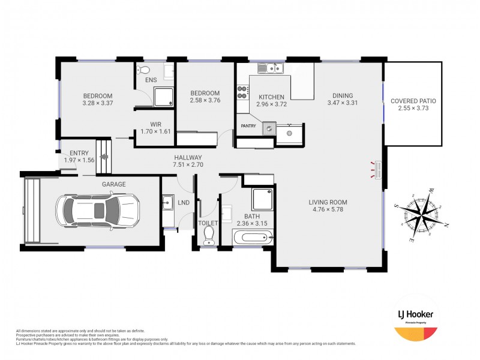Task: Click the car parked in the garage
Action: tap(98, 210)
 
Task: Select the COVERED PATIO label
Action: tap(413, 101)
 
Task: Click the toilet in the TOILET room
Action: tap(209, 235)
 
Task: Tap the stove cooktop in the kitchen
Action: tap(242, 92)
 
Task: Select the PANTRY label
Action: tap(249, 126)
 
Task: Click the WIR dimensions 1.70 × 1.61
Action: tap(155, 131)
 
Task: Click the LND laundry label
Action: tap(184, 203)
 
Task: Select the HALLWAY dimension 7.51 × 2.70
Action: tap(188, 165)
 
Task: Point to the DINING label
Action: tap(343, 95)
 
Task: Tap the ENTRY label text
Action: tap(79, 153)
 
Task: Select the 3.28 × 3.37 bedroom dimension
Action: tap(97, 103)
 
